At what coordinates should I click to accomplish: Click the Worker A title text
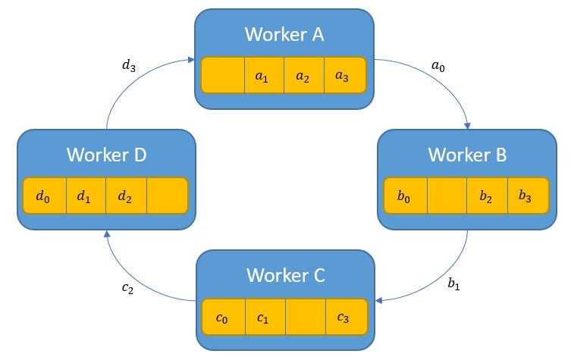pyautogui.click(x=284, y=34)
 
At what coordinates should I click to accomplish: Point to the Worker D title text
pyautogui.click(x=106, y=155)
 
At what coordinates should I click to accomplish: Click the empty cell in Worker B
pyautogui.click(x=447, y=196)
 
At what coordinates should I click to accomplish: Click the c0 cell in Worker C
pyautogui.click(x=223, y=318)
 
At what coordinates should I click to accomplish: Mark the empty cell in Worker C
pyautogui.click(x=305, y=318)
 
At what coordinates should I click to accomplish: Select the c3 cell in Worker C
pyautogui.click(x=346, y=318)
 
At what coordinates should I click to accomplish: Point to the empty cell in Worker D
pyautogui.click(x=167, y=196)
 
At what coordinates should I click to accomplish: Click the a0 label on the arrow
pyautogui.click(x=438, y=67)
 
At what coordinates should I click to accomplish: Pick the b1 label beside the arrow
pyautogui.click(x=454, y=284)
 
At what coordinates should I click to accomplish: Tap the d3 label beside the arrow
pyautogui.click(x=130, y=66)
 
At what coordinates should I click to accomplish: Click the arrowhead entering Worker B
pyautogui.click(x=469, y=125)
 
